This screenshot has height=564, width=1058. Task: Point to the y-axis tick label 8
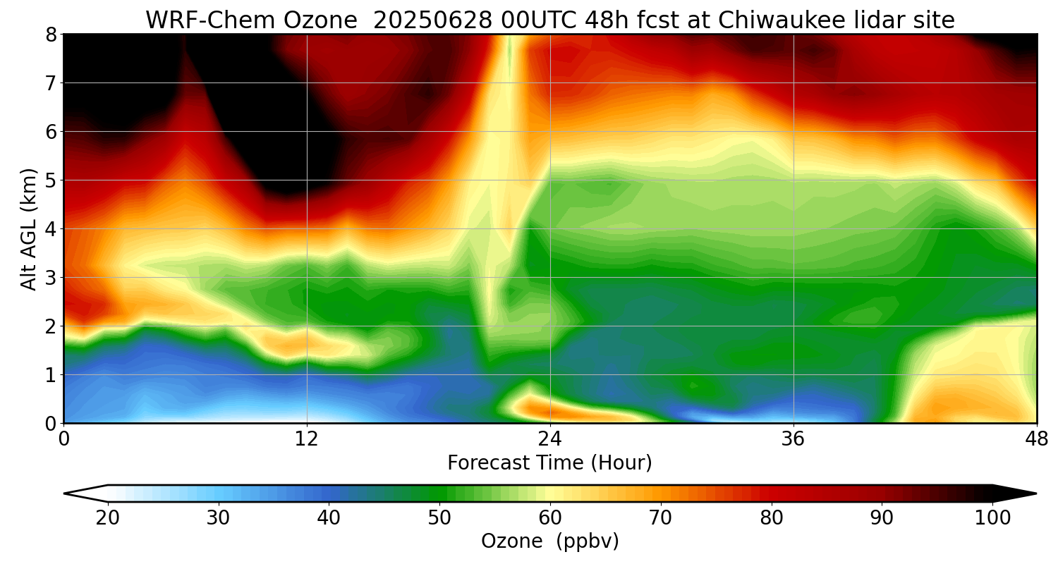coord(51,34)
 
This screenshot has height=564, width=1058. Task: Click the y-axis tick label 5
coord(51,180)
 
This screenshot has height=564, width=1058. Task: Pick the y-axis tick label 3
coord(51,277)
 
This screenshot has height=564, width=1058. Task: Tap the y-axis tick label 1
coord(51,374)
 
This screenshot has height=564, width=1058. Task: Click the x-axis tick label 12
coord(307,440)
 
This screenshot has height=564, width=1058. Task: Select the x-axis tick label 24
coord(550,440)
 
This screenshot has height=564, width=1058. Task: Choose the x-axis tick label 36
coord(793,440)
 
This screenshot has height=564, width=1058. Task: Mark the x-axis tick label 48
coord(1036,440)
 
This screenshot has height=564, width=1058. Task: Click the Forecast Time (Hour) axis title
coord(549,463)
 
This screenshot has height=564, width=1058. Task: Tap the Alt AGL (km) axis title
coord(29,228)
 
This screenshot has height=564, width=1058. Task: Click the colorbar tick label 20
coord(108,518)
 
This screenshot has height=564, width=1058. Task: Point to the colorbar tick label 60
coord(550,518)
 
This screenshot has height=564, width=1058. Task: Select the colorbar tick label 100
coord(992,518)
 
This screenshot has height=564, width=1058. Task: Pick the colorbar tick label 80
coord(772,518)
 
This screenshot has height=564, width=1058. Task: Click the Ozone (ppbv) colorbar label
coord(549,541)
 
